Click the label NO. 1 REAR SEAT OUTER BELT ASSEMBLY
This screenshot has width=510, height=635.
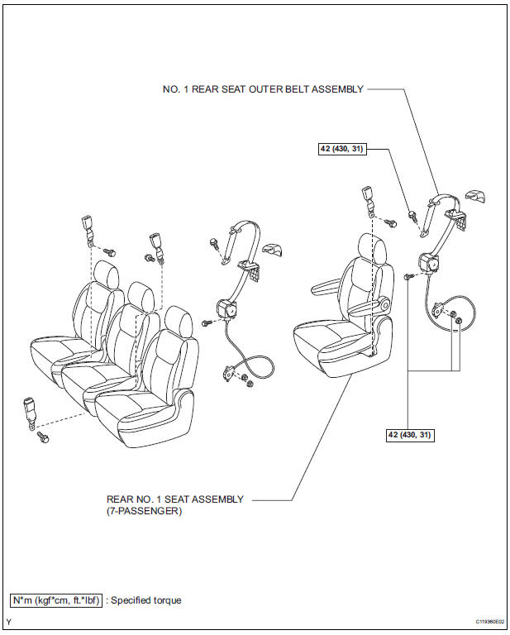coord(261,89)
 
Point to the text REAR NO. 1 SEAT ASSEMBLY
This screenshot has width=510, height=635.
coord(175,499)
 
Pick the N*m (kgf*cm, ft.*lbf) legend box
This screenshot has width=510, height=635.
coord(57,600)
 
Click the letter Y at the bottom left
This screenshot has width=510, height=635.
coord(9,621)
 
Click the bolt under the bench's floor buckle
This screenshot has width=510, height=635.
coord(44,436)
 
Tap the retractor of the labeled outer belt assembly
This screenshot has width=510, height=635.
coord(429,262)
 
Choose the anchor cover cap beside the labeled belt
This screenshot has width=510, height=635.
coord(472,196)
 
